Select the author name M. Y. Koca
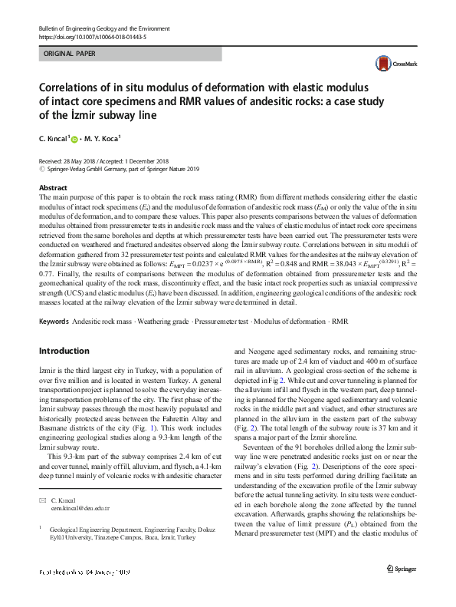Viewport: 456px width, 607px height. (x=103, y=139)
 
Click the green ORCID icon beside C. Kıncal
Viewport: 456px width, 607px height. (x=75, y=139)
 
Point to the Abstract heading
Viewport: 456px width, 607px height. (x=52, y=187)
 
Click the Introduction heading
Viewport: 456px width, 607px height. (x=64, y=351)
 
